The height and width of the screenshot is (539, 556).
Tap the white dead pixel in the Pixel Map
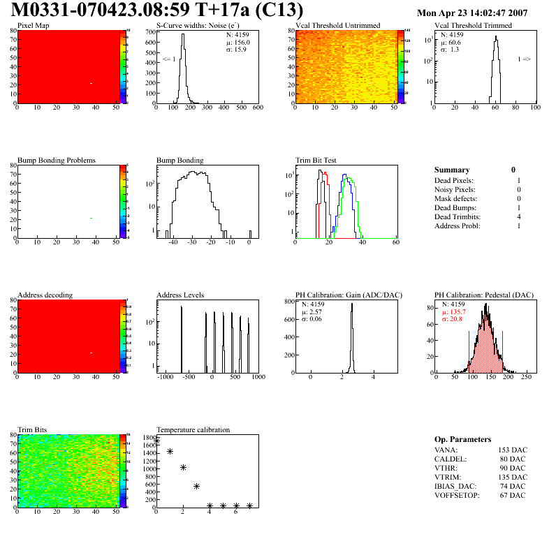[91, 84]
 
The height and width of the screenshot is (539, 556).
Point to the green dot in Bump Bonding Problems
[91, 219]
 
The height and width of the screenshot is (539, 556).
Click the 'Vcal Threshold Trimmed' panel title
[473, 26]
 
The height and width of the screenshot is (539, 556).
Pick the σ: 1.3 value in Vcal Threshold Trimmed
[449, 50]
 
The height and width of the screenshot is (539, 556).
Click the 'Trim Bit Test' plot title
[316, 161]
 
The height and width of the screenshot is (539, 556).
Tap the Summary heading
[452, 170]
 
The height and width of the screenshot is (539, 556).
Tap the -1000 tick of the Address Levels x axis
[166, 377]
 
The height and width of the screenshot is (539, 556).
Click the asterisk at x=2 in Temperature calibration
[183, 468]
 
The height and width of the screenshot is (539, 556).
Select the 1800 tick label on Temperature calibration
[148, 438]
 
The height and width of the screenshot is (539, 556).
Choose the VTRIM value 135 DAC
[512, 478]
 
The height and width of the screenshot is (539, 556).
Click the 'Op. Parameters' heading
[462, 439]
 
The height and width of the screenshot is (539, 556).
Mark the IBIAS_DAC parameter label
[455, 487]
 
